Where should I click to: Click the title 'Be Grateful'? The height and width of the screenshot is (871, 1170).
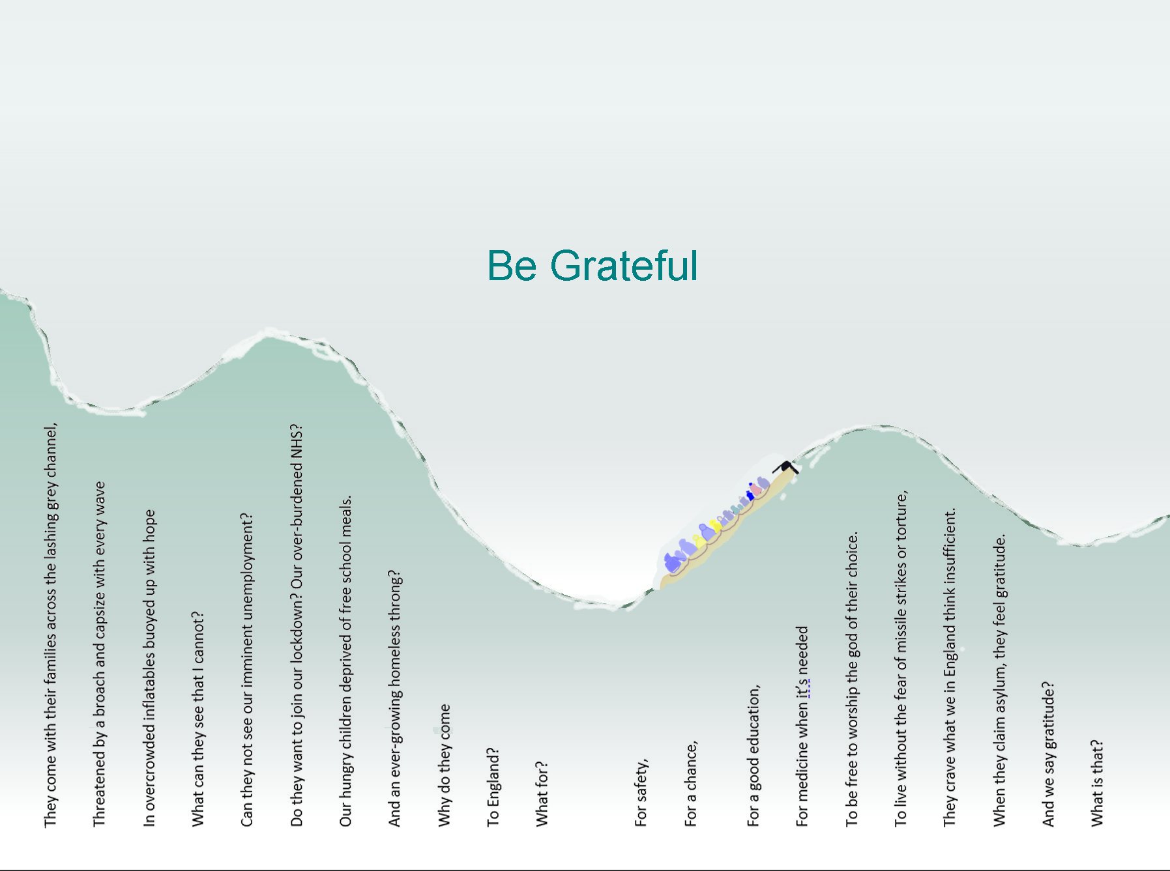pos(592,265)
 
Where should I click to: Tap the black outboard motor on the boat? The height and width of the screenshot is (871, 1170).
pos(786,467)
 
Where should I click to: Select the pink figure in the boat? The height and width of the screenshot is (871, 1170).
pos(756,488)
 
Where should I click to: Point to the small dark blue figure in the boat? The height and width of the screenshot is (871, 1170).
pos(750,496)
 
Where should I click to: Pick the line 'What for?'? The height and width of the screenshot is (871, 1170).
pos(542,793)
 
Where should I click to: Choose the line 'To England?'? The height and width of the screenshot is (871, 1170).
pos(493,787)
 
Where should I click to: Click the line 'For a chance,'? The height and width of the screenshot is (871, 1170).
pos(691,784)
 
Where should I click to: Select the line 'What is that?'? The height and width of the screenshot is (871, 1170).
pos(1098,783)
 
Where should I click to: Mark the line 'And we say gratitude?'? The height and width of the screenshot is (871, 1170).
pos(1048,754)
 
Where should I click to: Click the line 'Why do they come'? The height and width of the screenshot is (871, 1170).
pos(445,765)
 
